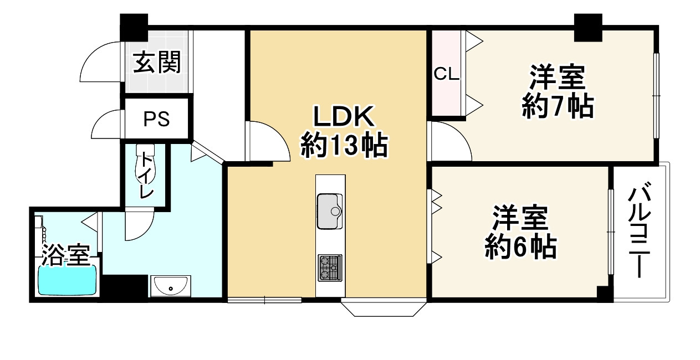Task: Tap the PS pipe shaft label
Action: (156, 119)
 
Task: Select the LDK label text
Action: (345, 117)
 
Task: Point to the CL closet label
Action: (446, 74)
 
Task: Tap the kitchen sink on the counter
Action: (331, 210)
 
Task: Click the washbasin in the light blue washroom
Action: (171, 287)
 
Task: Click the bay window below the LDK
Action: (384, 308)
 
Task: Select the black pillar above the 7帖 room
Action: (587, 27)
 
